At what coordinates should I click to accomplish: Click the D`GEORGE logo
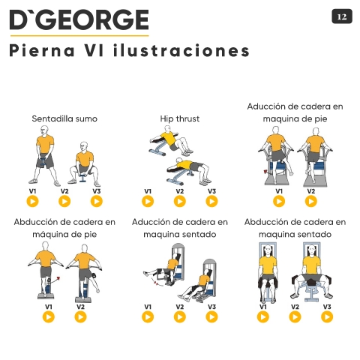coord(79,20)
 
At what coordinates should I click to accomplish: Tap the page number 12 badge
coord(342,16)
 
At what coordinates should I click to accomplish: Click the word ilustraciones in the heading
coord(181,50)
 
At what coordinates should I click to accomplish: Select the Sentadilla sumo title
coord(64,118)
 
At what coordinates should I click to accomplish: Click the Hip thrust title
coord(180,118)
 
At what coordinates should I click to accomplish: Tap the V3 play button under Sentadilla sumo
coord(97,201)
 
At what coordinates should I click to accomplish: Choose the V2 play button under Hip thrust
coord(180,201)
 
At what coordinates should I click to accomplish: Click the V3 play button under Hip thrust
coord(211,201)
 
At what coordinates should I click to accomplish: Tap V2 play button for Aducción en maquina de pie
coord(311,201)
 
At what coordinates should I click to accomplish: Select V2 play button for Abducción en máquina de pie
coord(80,317)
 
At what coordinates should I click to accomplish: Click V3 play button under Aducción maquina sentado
coord(211,317)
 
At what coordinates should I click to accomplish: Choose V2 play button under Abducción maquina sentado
coord(295,317)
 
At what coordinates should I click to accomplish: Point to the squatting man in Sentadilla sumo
coord(84,163)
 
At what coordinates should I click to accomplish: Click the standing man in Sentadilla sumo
coord(45,155)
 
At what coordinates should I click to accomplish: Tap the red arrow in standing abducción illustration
coord(56,280)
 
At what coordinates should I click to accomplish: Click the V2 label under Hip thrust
coord(180,191)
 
